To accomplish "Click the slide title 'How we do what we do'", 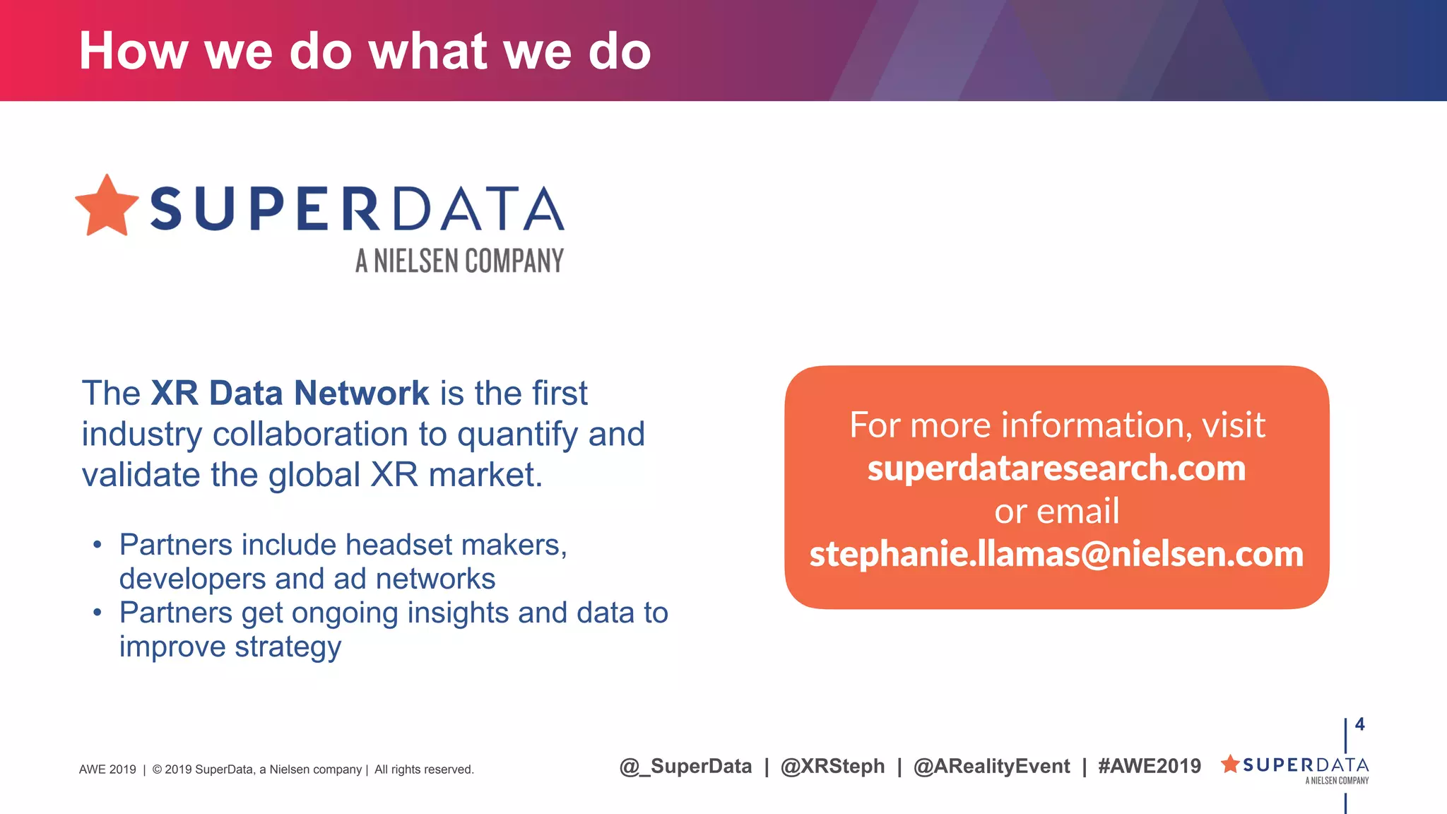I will point(365,51).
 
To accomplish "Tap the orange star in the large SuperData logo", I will point(107,206).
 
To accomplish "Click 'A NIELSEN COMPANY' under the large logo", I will point(459,261).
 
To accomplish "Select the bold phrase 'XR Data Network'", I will point(290,393).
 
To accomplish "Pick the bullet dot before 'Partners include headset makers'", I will point(98,545).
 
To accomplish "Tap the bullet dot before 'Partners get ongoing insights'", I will point(98,613).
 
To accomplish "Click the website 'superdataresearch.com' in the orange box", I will point(1056,468).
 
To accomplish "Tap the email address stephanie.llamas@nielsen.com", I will point(1056,554).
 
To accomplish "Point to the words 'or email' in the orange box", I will point(1057,511).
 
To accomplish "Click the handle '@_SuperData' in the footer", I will point(685,766).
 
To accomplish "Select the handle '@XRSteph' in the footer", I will point(832,766).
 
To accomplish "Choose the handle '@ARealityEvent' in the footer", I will point(991,766).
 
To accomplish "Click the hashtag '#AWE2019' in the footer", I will point(1150,766).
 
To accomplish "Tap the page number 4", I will point(1359,724).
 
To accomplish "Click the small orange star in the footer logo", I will point(1230,764).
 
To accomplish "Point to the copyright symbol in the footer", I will point(157,769).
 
